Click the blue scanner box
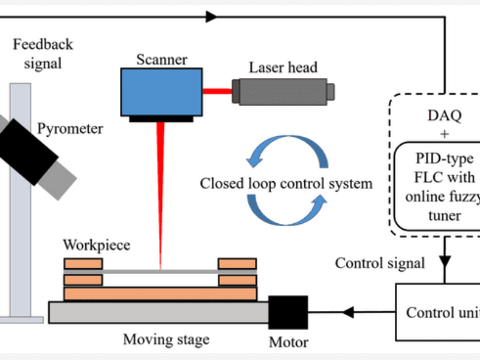[161, 91]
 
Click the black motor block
[287, 312]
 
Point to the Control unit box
[438, 312]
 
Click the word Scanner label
[161, 59]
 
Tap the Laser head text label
[283, 67]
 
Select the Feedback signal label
[43, 53]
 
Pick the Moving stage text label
[166, 340]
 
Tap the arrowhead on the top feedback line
[211, 17]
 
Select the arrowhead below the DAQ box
[445, 247]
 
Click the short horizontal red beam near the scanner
[217, 92]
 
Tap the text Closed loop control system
[286, 183]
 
